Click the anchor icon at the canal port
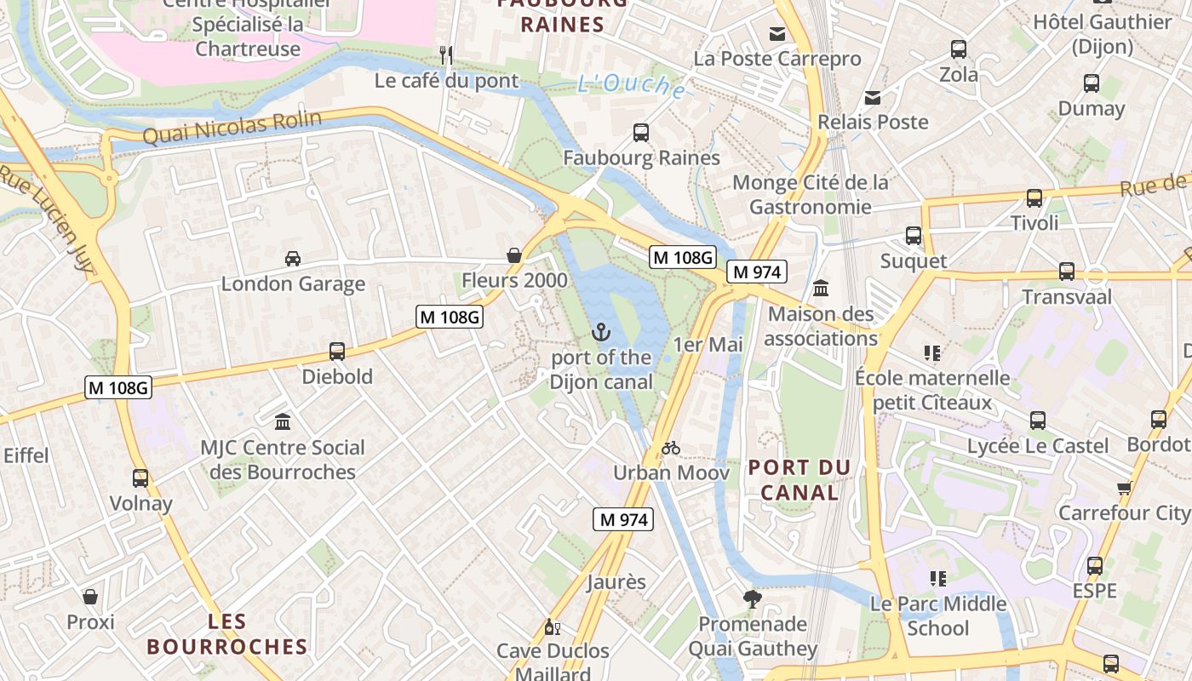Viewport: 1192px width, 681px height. point(602,331)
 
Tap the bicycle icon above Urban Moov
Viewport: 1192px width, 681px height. point(671,448)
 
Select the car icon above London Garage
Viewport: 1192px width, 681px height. point(292,258)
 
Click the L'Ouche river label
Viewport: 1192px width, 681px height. point(631,86)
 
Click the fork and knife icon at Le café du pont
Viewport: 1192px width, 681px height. point(445,55)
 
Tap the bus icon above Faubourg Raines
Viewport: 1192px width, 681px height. point(641,133)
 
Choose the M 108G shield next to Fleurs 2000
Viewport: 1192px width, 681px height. point(450,317)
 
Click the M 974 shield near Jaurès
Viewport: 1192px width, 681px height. point(623,519)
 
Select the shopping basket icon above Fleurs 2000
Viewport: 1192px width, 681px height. point(514,255)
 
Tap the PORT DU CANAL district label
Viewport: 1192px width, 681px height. point(799,479)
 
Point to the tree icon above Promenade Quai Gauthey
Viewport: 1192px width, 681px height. point(752,599)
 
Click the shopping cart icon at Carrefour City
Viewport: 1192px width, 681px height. point(1124,488)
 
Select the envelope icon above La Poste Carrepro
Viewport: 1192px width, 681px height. point(777,34)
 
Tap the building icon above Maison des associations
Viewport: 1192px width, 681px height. point(821,289)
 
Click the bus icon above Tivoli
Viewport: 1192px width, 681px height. point(1034,198)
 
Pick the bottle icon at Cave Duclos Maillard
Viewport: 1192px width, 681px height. point(552,627)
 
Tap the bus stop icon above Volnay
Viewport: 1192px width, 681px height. point(140,478)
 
